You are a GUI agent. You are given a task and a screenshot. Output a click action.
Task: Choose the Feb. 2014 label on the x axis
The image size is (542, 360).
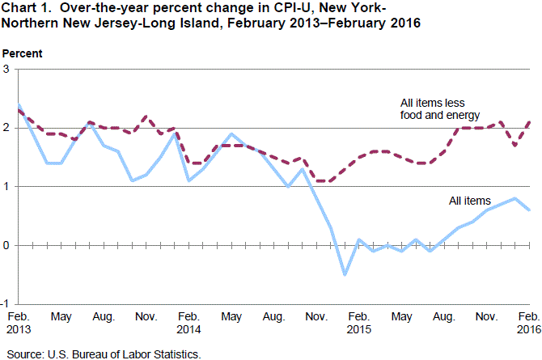[188, 323]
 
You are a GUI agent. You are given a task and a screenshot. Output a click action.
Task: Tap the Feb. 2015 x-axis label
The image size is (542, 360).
[360, 323]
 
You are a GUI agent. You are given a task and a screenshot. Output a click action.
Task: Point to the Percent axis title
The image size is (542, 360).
[23, 53]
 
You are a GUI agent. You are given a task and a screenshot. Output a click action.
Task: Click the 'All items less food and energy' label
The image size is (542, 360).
[440, 109]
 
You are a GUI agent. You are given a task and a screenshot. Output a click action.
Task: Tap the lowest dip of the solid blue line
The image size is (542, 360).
[345, 274]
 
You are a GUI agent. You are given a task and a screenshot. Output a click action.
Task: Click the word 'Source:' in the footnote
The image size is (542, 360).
[24, 353]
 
